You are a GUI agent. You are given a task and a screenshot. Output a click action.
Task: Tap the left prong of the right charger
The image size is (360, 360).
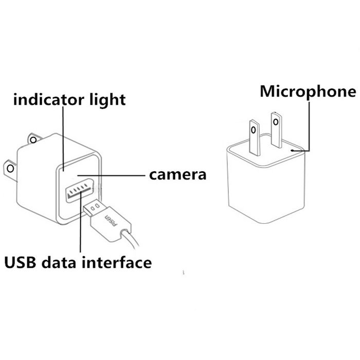pyautogui.click(x=255, y=135)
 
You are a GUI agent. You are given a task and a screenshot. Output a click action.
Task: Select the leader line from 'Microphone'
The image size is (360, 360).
pyautogui.click(x=309, y=123)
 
